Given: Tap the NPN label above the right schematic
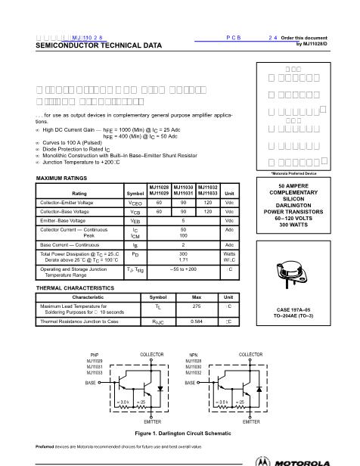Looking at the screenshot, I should click(192, 355).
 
